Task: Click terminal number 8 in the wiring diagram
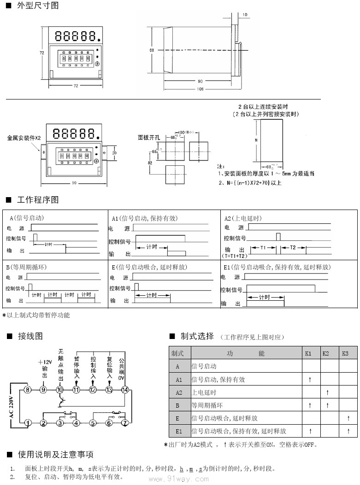(x=28, y=390)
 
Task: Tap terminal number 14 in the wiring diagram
(x=125, y=390)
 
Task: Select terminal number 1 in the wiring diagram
(x=28, y=422)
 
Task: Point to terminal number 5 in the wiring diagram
(x=93, y=422)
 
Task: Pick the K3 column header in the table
(x=346, y=353)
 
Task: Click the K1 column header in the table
(x=309, y=353)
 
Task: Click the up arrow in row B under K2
(x=327, y=405)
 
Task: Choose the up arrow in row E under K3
(x=348, y=418)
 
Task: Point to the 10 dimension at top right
(x=244, y=15)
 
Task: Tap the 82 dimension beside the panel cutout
(x=150, y=163)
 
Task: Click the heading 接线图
(x=30, y=336)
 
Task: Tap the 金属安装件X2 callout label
(x=24, y=138)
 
